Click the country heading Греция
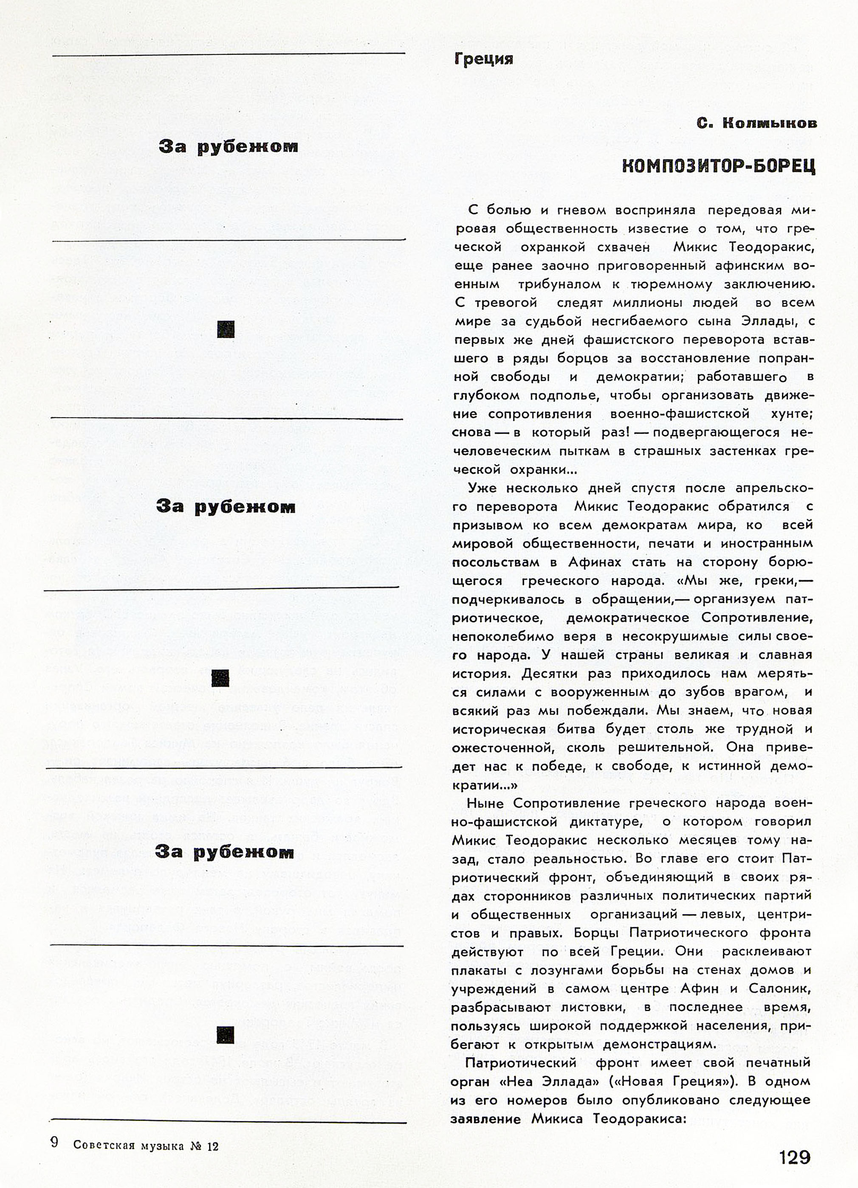point(483,59)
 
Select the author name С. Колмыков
point(756,123)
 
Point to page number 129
point(795,1157)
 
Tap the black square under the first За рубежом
point(226,329)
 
